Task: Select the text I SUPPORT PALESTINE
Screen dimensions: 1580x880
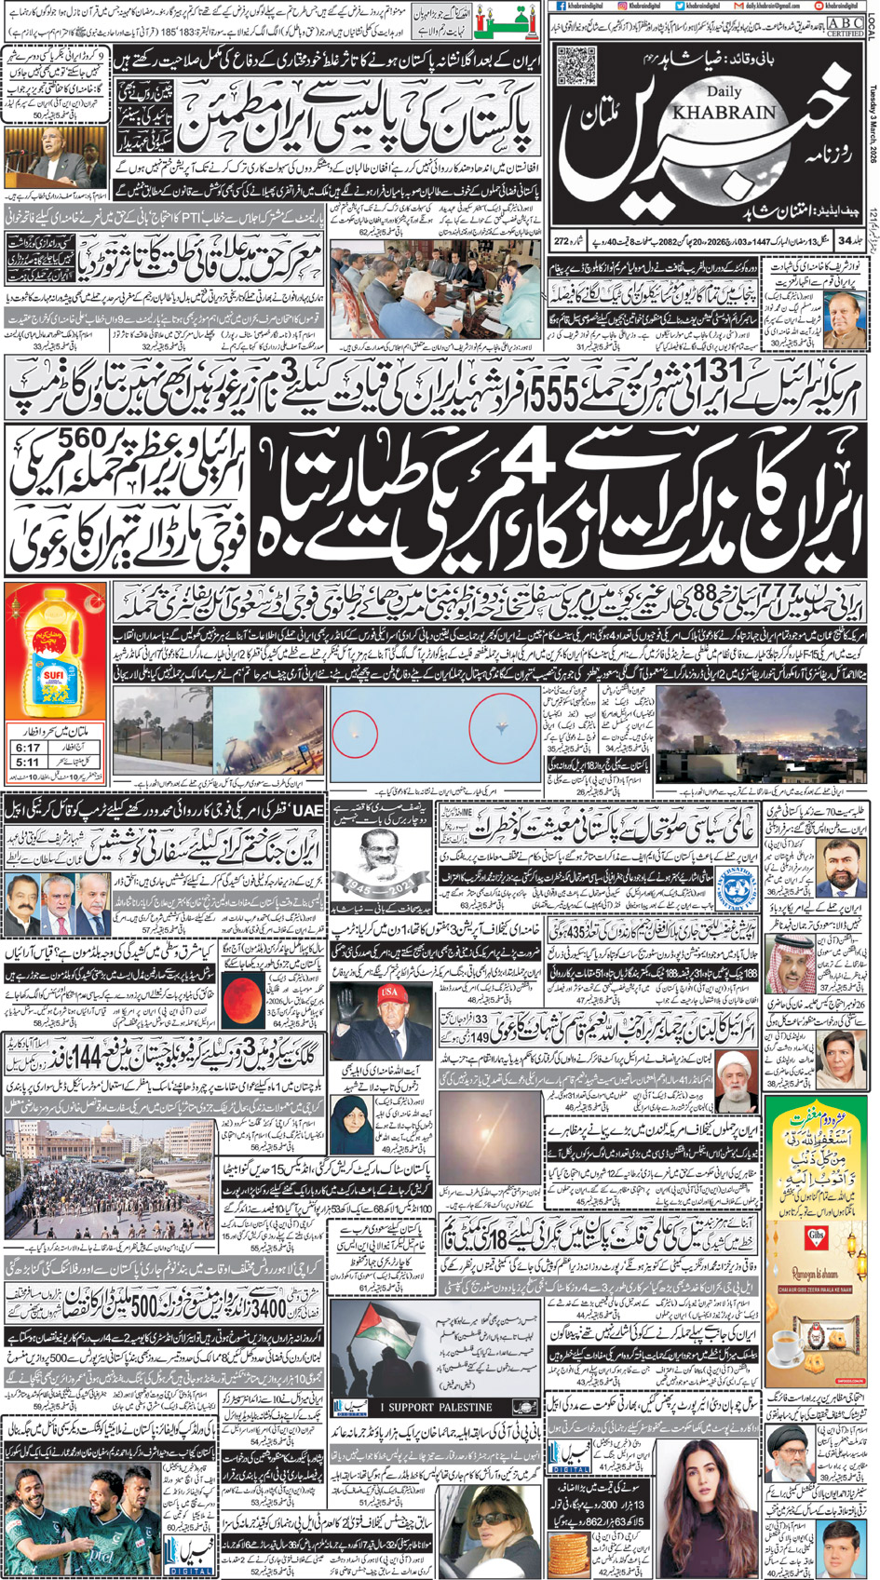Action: [x=436, y=1407]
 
